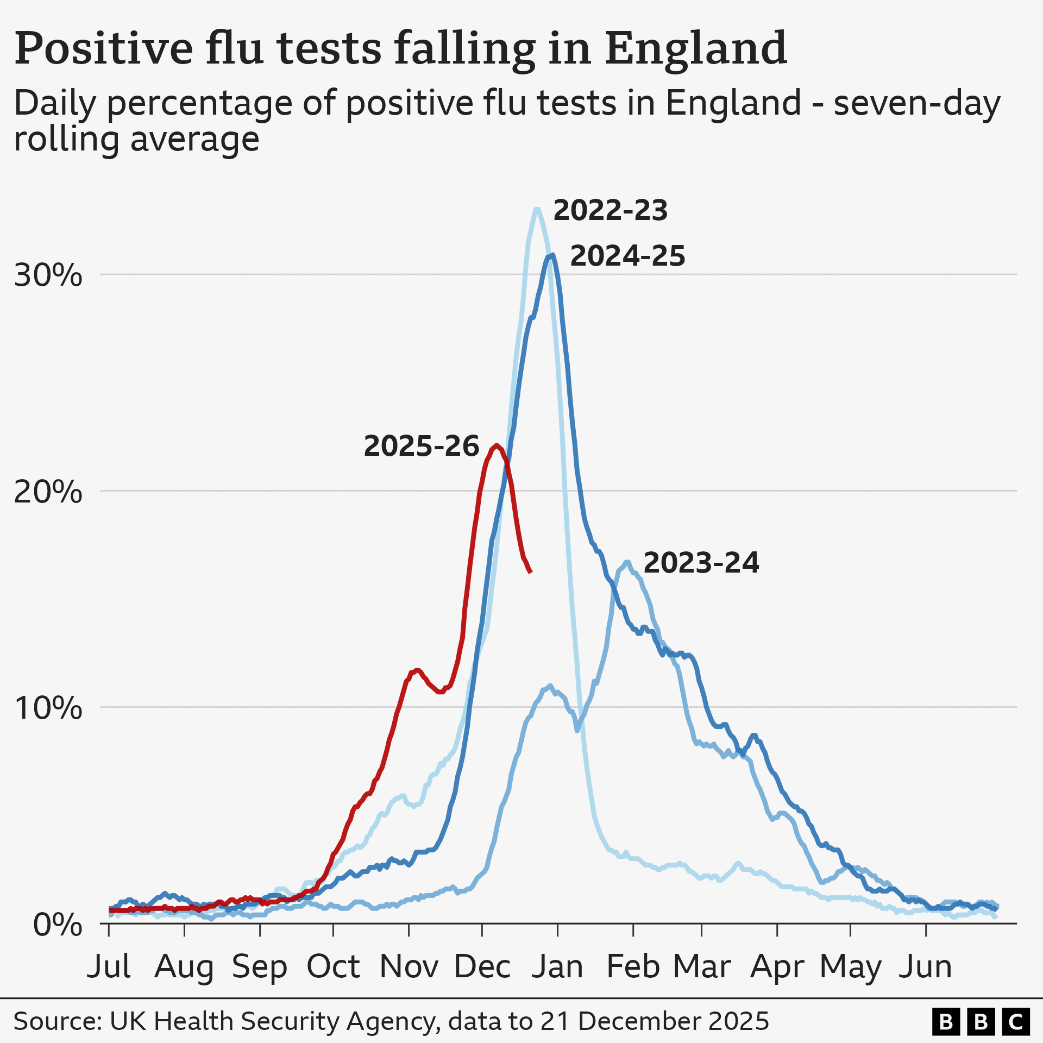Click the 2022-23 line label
point(610,211)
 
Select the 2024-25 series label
point(627,256)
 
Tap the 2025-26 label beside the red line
point(421,447)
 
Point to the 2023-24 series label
point(701,563)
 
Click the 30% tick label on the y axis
point(48,276)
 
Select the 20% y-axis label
point(48,493)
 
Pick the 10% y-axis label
point(48,709)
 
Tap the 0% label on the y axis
point(58,925)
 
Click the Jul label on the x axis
point(109,967)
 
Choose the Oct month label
point(333,967)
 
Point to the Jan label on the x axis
point(557,967)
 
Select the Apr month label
point(777,967)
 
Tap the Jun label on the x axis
point(925,967)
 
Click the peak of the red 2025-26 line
point(497,445)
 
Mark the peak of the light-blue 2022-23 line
point(537,209)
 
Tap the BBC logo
point(981,1022)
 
